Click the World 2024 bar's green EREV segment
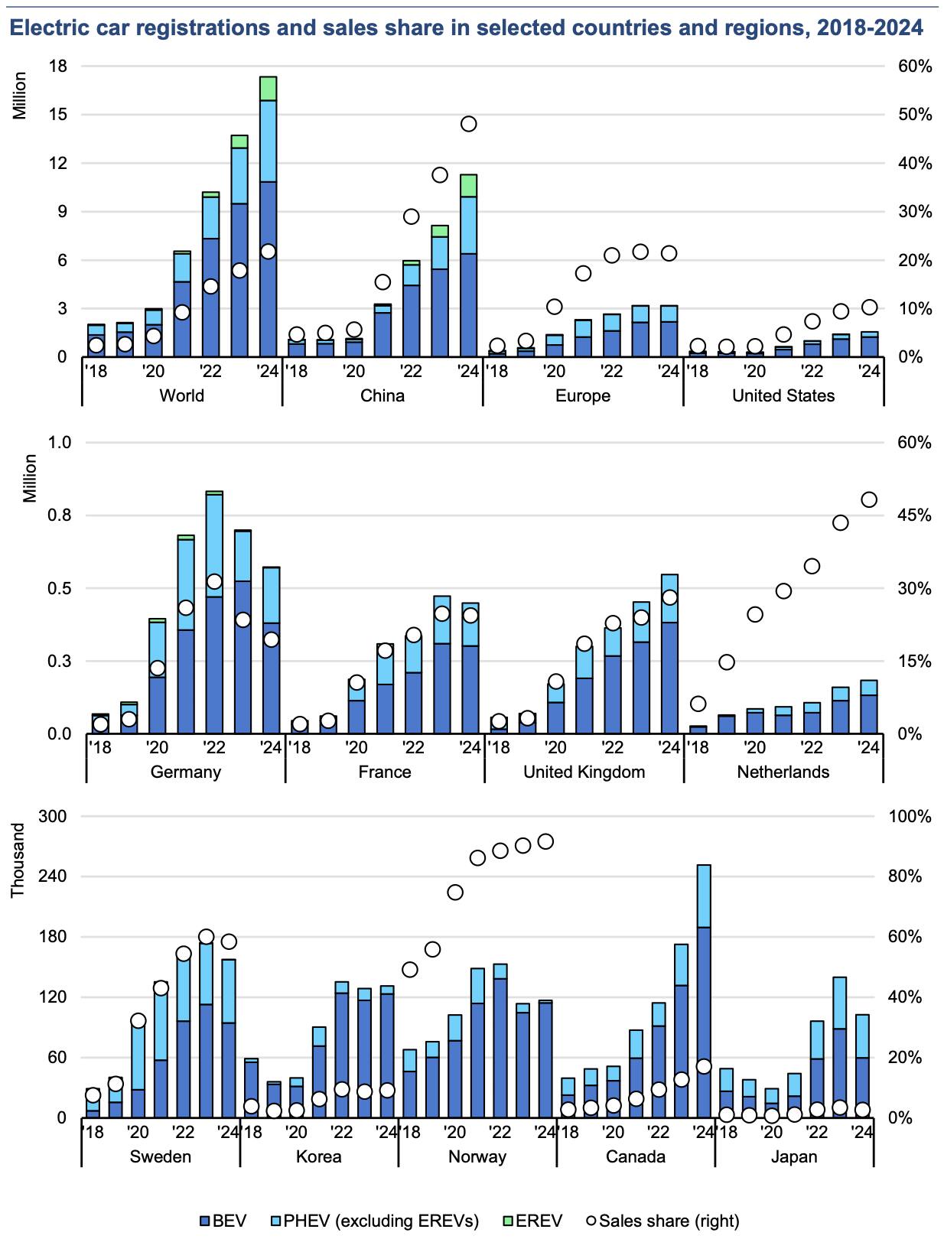tap(268, 89)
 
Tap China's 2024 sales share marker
tap(469, 124)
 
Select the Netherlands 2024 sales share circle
tap(869, 499)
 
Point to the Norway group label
tap(477, 1156)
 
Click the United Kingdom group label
tap(584, 772)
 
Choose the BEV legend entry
tap(222, 1221)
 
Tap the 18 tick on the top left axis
tap(58, 67)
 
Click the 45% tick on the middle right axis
tap(914, 515)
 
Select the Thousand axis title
tap(18, 860)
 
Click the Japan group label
tap(794, 1156)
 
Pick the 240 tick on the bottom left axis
tap(53, 876)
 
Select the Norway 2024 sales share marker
tap(545, 841)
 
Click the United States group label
tap(783, 395)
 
